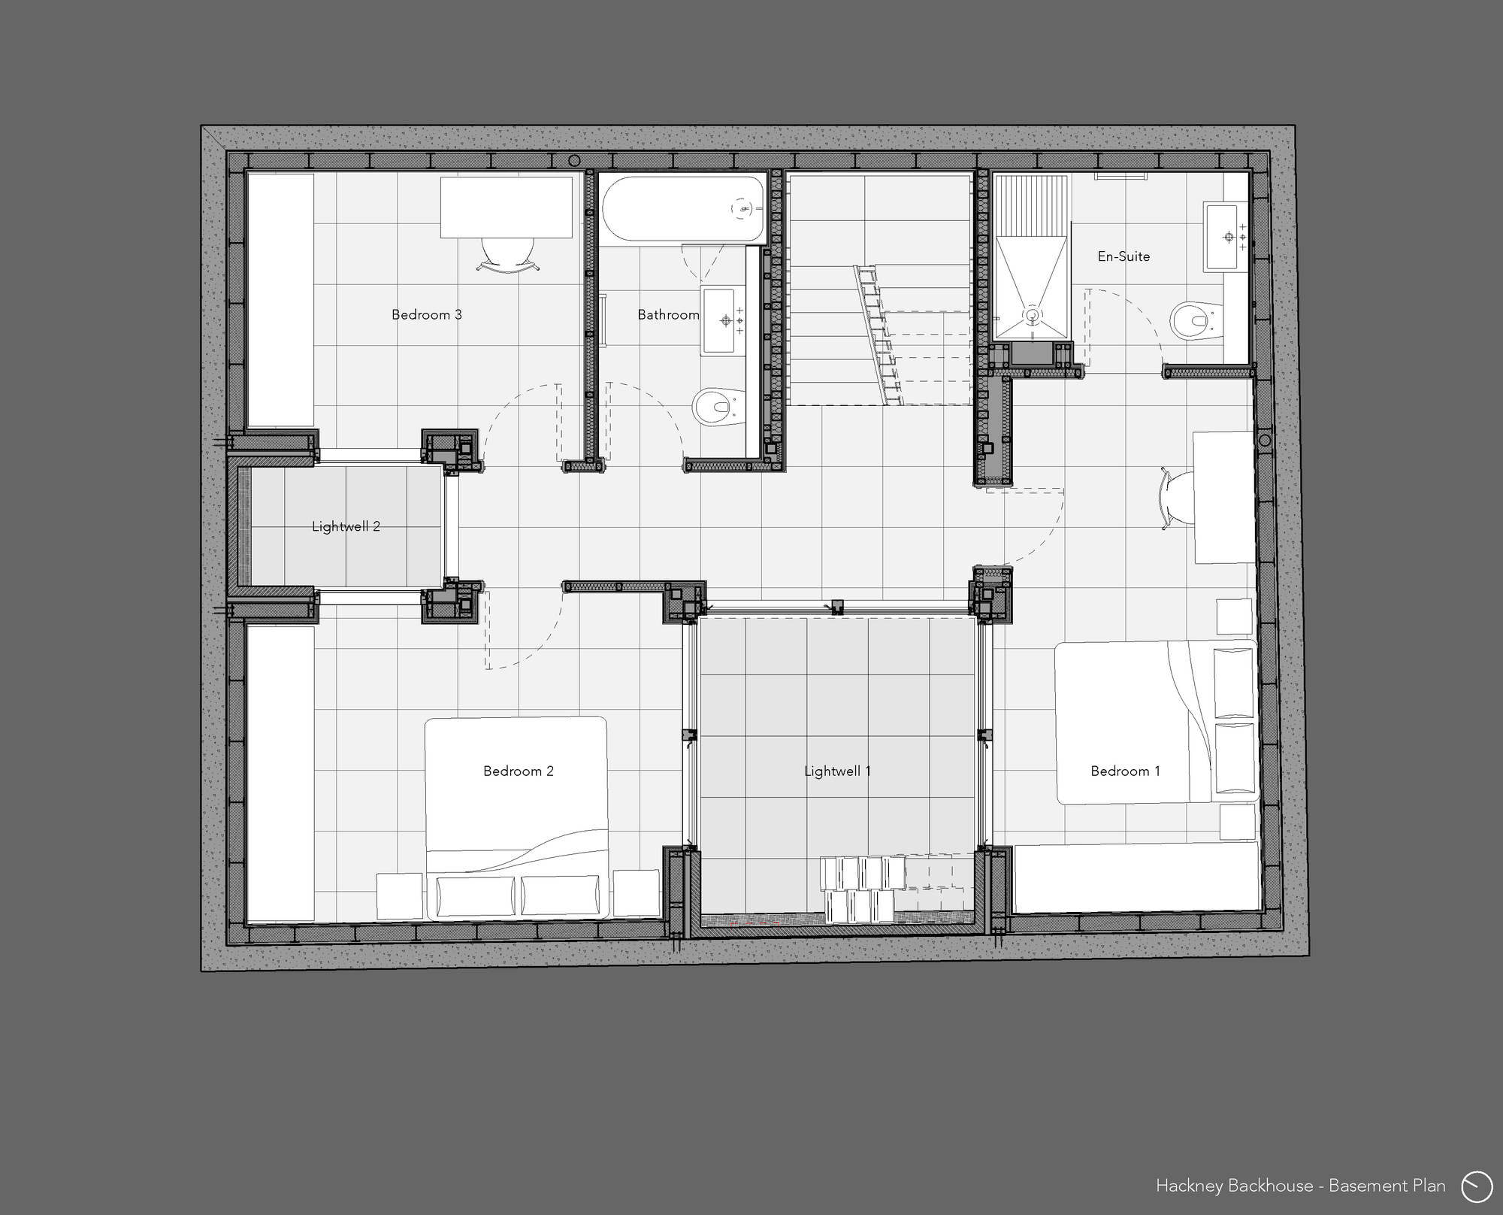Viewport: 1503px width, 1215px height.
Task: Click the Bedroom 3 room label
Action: pos(426,314)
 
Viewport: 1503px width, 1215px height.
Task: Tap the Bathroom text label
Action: pos(668,314)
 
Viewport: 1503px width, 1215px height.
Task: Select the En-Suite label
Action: pos(1123,256)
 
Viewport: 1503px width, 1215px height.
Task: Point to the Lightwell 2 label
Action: pos(346,526)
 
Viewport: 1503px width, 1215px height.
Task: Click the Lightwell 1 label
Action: pos(837,771)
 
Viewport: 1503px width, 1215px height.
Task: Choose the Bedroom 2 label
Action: pos(518,771)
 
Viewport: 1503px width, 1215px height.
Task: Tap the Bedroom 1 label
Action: pos(1125,771)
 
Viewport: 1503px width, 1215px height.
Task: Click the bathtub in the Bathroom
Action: pos(682,208)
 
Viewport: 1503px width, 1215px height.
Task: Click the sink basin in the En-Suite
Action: pos(1224,237)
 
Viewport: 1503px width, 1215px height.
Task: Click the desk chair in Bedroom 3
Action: pos(508,253)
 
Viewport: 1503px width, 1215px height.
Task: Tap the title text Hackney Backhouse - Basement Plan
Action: pos(1300,1186)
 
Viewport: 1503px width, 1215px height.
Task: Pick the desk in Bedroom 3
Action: pos(506,208)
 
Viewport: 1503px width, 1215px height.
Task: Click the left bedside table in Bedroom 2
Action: pos(399,895)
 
